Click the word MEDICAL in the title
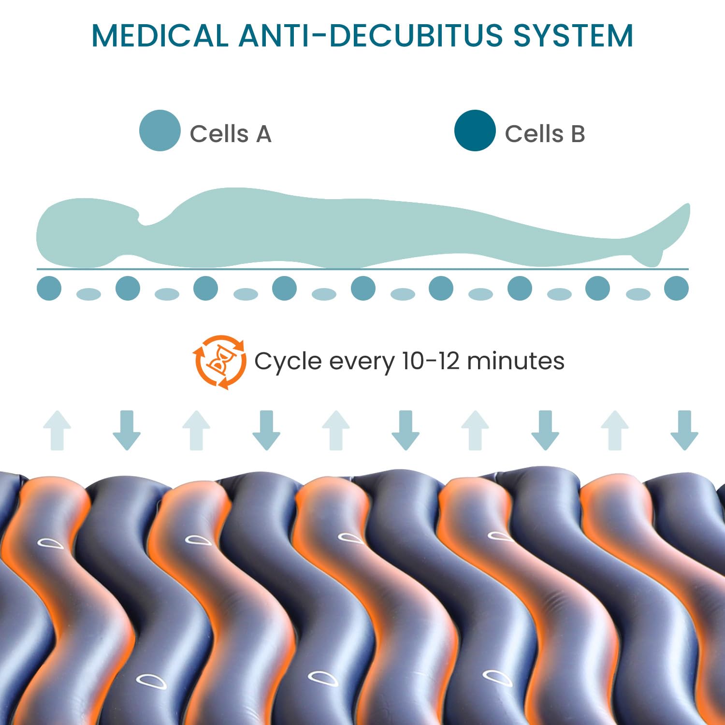click(159, 35)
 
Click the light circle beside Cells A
click(159, 130)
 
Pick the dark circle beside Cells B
click(475, 130)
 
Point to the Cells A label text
click(230, 134)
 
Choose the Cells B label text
click(545, 134)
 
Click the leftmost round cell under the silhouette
click(49, 288)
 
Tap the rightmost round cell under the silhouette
click(676, 288)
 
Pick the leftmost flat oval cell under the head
click(88, 294)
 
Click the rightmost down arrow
click(684, 430)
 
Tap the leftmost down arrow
click(127, 430)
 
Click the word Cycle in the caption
click(288, 362)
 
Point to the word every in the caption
click(361, 362)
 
